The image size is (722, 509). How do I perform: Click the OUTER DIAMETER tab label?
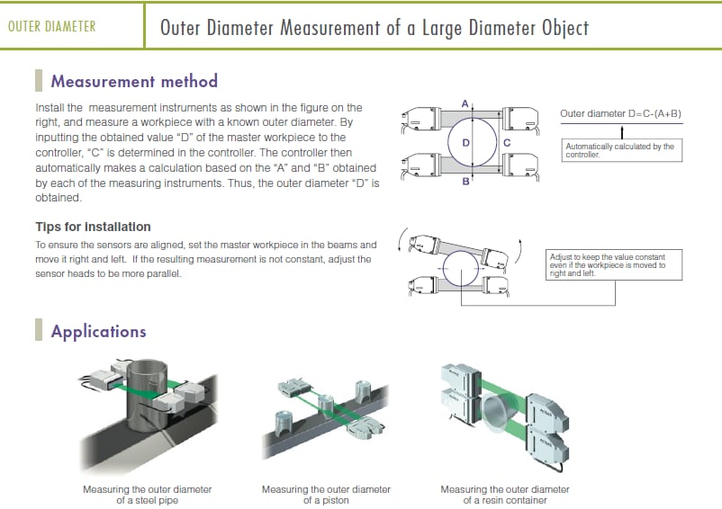tap(52, 26)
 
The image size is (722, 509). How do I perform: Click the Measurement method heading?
tap(134, 81)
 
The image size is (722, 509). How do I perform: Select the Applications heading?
tap(98, 331)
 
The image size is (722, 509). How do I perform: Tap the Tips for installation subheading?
tap(93, 227)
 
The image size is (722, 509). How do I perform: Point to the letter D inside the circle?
tap(466, 143)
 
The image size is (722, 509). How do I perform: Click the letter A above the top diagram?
tap(465, 104)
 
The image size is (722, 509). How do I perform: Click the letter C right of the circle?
tap(507, 143)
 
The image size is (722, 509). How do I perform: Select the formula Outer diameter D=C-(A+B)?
tap(620, 114)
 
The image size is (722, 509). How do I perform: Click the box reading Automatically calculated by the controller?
tap(620, 150)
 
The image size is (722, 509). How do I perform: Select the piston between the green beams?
tap(326, 402)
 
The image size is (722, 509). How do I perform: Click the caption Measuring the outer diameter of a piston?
tap(326, 495)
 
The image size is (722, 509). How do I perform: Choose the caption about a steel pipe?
tap(148, 495)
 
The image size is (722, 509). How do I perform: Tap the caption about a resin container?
tap(504, 495)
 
